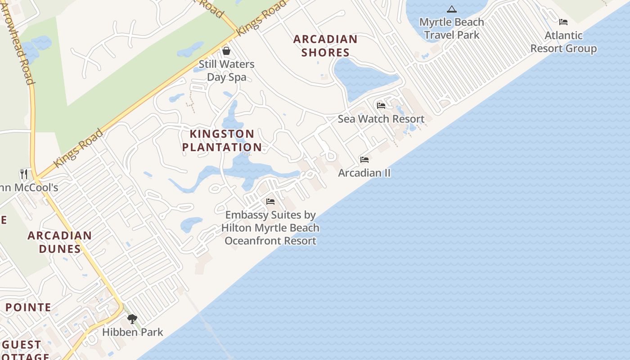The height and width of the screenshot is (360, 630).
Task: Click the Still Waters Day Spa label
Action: click(227, 71)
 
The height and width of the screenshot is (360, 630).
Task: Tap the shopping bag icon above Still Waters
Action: click(226, 51)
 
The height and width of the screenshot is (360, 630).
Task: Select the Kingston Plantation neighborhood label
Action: click(222, 140)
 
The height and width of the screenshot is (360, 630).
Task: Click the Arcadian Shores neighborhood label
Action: click(325, 45)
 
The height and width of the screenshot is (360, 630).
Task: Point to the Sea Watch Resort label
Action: click(381, 119)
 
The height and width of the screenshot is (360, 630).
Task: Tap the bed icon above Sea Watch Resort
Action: click(381, 106)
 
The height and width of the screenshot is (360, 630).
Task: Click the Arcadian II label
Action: click(364, 173)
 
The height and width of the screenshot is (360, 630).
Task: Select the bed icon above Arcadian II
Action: click(364, 160)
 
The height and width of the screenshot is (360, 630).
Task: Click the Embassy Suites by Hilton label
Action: click(270, 228)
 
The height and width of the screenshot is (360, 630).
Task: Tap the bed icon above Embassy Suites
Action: click(270, 201)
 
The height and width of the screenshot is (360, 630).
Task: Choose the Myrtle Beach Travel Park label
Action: click(451, 28)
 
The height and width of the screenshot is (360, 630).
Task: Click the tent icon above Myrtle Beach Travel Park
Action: click(451, 9)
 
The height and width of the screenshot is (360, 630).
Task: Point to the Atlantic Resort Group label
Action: click(563, 42)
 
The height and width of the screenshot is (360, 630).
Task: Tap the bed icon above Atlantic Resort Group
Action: click(563, 22)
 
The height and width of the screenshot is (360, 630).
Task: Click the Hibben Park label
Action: click(132, 332)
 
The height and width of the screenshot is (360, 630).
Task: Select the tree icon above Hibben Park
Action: click(132, 319)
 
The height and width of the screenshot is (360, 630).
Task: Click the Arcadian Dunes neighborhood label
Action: click(60, 242)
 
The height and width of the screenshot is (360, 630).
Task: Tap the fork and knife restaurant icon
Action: click(24, 174)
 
